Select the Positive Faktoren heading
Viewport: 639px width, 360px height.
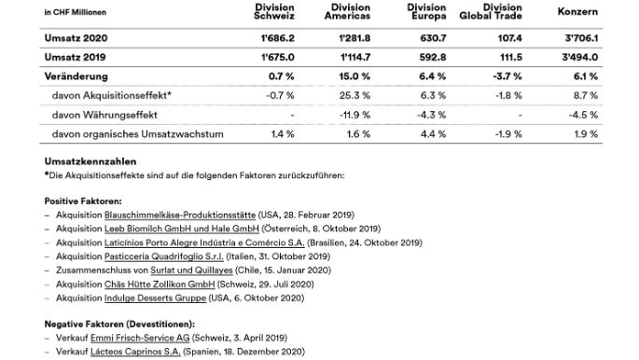[x=77, y=199]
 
